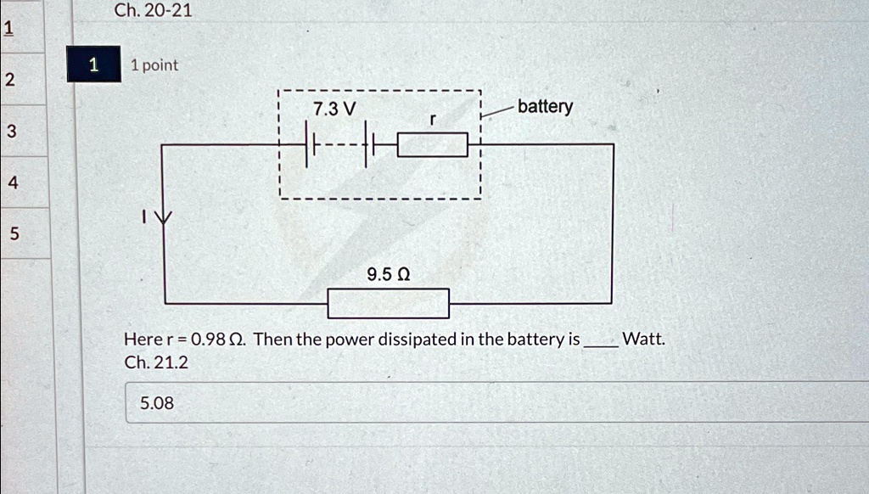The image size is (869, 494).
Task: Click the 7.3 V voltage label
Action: click(x=334, y=109)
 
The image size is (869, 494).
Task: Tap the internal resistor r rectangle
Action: click(x=433, y=144)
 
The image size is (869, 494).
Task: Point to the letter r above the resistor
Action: click(x=433, y=119)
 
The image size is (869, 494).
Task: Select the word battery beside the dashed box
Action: click(x=546, y=106)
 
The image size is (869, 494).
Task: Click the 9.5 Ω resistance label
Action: click(x=389, y=274)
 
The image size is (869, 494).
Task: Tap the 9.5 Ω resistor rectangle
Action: click(x=389, y=303)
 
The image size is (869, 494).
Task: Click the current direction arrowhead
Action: click(x=163, y=216)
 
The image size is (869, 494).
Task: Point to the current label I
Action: click(x=143, y=216)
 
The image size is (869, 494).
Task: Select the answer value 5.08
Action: click(x=157, y=403)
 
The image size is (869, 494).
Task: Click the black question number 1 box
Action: click(x=93, y=65)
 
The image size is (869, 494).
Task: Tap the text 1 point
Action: click(x=154, y=65)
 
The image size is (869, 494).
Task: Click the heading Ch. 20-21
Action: click(x=153, y=10)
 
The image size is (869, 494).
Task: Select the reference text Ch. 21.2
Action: click(x=156, y=362)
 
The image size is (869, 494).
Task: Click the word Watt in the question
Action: click(x=643, y=338)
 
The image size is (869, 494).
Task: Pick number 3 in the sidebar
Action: click(x=12, y=132)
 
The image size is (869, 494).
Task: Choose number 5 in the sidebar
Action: click(x=14, y=233)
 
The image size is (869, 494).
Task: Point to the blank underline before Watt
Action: click(x=601, y=346)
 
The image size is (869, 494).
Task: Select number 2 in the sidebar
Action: click(x=10, y=80)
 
